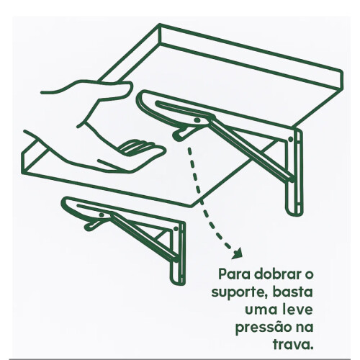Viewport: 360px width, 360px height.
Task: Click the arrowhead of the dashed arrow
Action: click(235, 253)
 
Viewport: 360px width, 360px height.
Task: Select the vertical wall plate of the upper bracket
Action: click(292, 173)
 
